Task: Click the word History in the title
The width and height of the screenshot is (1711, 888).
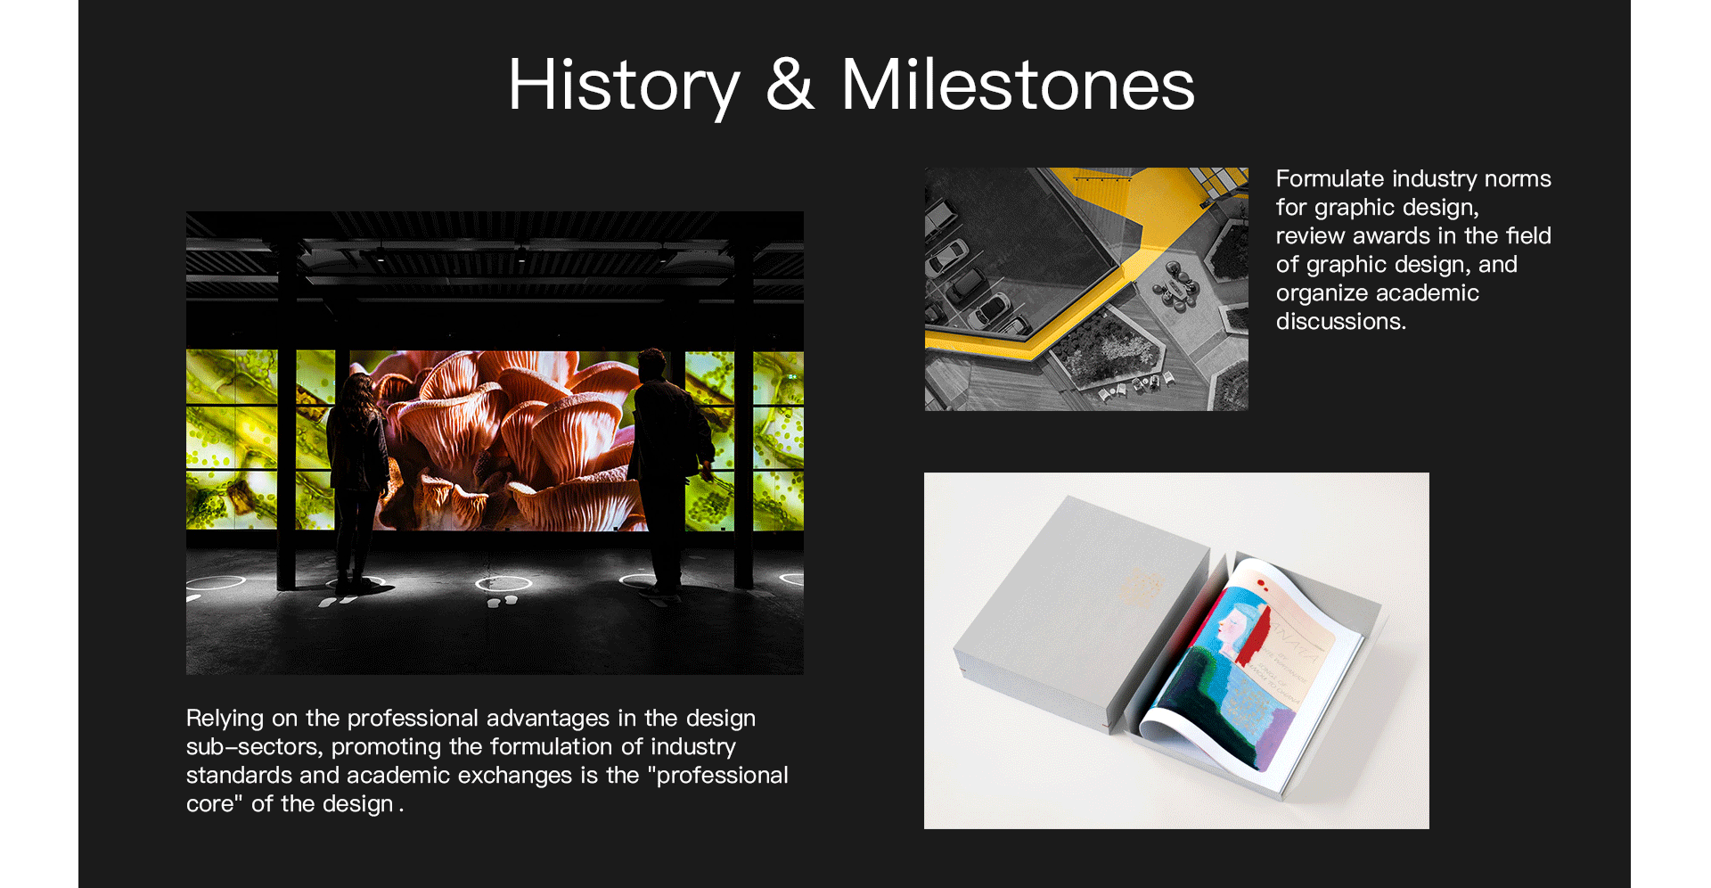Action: [x=624, y=86]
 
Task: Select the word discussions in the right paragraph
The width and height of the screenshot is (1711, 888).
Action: [x=1341, y=321]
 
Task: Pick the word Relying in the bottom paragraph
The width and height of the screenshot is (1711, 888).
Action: [x=225, y=719]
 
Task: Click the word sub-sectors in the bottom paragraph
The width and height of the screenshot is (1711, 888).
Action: [x=255, y=746]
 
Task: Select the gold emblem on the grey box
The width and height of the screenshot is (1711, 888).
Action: [x=1142, y=588]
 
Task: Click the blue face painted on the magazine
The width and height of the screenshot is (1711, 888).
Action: [x=1233, y=624]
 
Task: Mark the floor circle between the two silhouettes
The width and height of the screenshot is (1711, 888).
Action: [x=503, y=584]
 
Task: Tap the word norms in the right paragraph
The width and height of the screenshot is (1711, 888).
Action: [x=1518, y=178]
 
